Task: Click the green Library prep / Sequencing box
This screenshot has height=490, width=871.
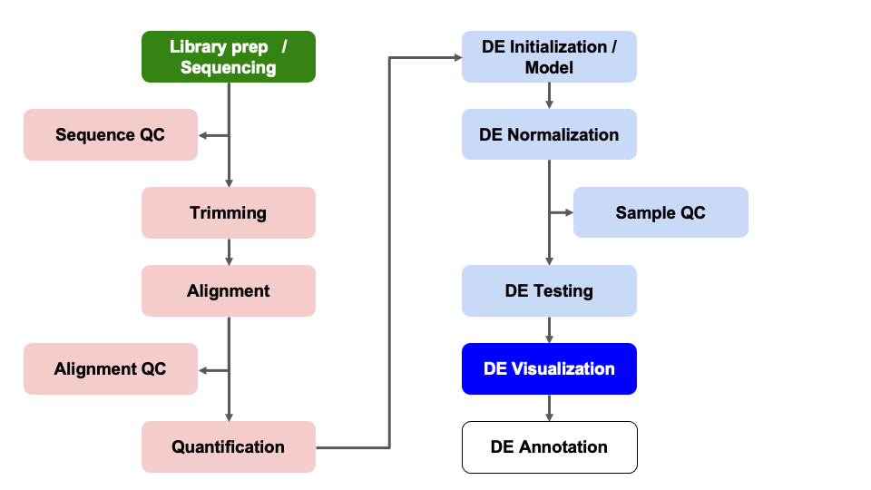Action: click(x=229, y=56)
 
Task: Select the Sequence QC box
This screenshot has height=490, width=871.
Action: click(x=110, y=135)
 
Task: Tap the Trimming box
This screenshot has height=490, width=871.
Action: click(x=229, y=213)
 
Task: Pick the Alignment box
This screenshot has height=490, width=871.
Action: click(x=229, y=291)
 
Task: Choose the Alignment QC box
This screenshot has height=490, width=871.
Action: click(x=110, y=369)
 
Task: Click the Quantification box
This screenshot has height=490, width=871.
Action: click(x=229, y=447)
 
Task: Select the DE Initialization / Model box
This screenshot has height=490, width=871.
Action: click(x=549, y=56)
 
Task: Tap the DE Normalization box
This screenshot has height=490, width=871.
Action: click(x=549, y=135)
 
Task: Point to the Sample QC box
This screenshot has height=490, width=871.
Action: click(x=661, y=213)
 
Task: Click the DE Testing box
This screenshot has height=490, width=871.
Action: click(x=549, y=291)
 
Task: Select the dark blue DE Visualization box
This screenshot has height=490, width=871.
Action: click(x=549, y=369)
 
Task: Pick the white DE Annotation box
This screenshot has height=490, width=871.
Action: click(x=549, y=447)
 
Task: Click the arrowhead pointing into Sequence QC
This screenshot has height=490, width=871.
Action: click(x=203, y=135)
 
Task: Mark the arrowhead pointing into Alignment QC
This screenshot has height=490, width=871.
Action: click(x=203, y=369)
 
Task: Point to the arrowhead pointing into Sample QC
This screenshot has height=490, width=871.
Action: click(x=568, y=213)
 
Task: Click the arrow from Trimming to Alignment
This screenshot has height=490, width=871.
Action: click(x=229, y=252)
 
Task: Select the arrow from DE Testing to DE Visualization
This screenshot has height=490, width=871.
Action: click(x=549, y=330)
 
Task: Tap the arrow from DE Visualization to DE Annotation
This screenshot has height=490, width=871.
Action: click(x=549, y=408)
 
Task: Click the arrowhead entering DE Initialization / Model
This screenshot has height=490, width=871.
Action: click(x=455, y=57)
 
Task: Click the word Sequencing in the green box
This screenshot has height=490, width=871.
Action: click(x=229, y=68)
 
